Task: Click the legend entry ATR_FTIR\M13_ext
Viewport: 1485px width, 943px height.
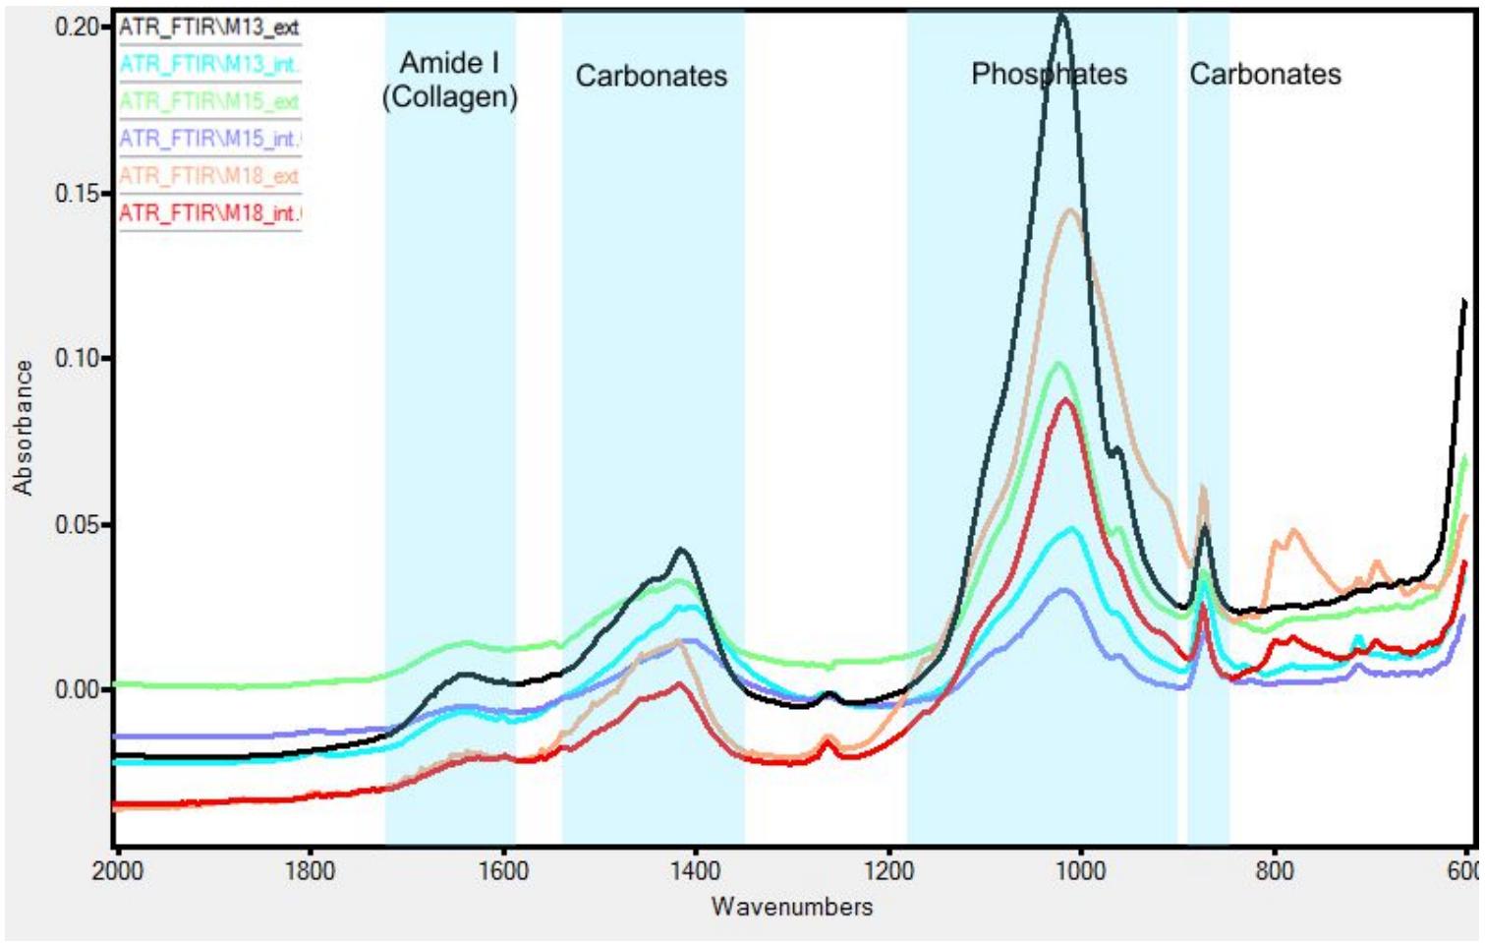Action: (x=208, y=28)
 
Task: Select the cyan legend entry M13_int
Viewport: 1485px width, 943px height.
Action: (x=208, y=65)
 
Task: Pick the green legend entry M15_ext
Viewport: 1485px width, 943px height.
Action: (x=208, y=101)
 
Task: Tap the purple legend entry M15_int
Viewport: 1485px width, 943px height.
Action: (x=208, y=139)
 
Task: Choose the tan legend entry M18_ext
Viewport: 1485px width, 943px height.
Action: (x=208, y=176)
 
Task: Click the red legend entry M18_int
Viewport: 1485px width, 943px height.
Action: (x=208, y=213)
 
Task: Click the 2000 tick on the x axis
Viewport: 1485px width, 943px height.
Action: (x=118, y=871)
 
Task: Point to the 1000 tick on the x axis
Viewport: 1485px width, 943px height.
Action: (x=1081, y=871)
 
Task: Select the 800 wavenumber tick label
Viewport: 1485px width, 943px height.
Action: (x=1274, y=871)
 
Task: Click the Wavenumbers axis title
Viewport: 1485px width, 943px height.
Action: (x=792, y=907)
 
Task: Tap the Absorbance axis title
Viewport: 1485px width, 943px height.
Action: (x=23, y=427)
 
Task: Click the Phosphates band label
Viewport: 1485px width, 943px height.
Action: (x=1049, y=74)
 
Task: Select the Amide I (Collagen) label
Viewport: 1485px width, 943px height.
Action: (x=449, y=80)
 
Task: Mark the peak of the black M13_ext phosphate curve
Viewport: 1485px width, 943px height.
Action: (x=1061, y=16)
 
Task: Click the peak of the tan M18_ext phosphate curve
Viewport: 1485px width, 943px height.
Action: (x=1070, y=210)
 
